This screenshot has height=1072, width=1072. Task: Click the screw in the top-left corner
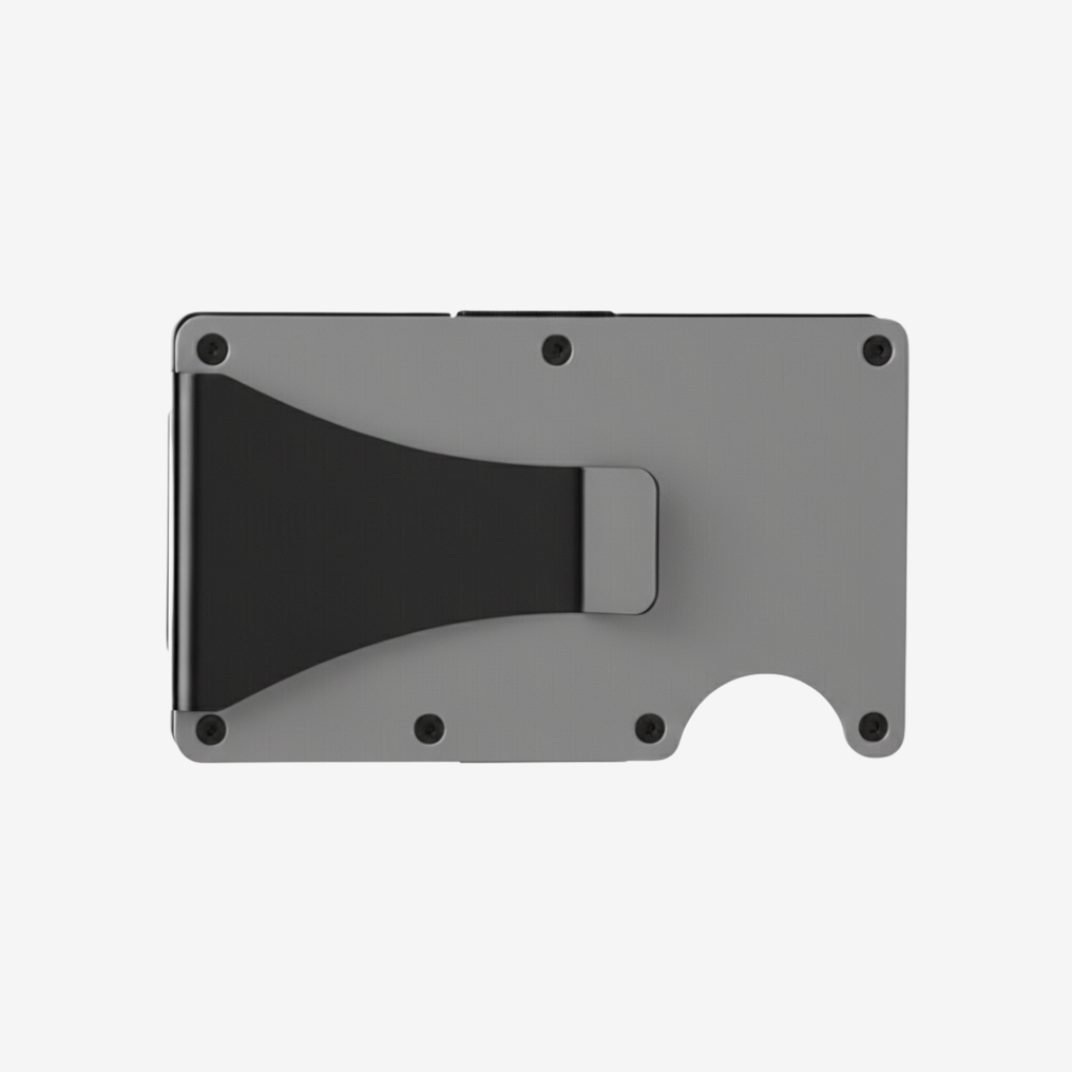click(211, 348)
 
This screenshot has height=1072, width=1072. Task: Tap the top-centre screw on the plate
click(557, 348)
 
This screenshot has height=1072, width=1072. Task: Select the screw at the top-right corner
click(877, 349)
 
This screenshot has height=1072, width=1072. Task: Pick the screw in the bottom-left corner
click(210, 729)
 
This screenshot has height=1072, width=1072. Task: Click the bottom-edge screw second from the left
click(429, 729)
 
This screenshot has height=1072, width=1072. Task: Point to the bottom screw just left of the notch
click(650, 729)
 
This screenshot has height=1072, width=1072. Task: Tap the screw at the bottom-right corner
click(873, 728)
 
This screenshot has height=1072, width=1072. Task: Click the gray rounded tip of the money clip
click(619, 540)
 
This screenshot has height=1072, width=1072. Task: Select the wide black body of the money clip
click(328, 541)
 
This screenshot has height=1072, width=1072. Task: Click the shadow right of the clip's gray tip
click(661, 542)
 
